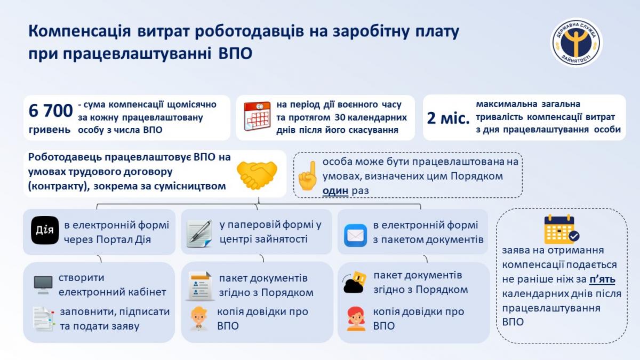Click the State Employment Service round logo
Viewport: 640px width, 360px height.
tap(577, 43)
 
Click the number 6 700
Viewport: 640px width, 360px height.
tap(51, 110)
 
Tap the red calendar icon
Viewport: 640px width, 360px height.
tap(257, 116)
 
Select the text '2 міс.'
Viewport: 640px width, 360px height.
tap(448, 118)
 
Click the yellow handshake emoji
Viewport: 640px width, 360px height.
tap(257, 175)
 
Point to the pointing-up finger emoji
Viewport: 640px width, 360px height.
tap(308, 175)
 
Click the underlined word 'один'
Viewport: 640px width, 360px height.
tap(335, 190)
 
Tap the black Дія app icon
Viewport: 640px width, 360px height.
tap(45, 230)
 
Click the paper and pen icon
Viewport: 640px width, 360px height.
tap(199, 234)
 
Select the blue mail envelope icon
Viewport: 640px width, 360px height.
tap(355, 235)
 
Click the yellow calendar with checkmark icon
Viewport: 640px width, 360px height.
tap(561, 229)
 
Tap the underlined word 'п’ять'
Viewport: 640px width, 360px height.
tap(602, 279)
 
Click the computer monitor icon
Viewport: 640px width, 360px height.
tap(43, 285)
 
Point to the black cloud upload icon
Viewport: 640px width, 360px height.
tap(355, 282)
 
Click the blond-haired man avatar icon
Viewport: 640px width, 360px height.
tap(199, 318)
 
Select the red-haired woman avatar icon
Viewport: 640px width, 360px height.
tap(356, 318)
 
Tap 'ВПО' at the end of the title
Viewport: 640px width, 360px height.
tap(235, 53)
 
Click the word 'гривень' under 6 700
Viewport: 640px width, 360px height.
tap(50, 130)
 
